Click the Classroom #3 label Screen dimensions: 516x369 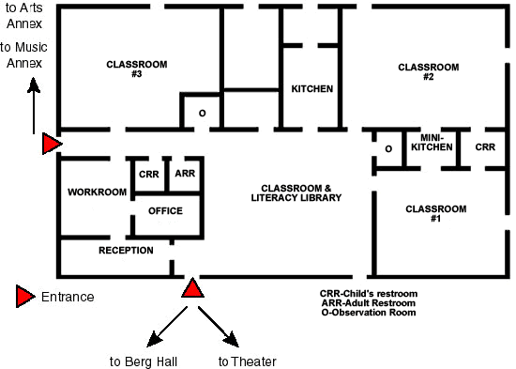pos(137,69)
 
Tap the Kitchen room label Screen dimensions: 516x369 pos(312,88)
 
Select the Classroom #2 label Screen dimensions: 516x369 pos(429,71)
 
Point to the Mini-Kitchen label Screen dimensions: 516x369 pos(432,143)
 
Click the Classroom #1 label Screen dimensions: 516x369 pos(435,213)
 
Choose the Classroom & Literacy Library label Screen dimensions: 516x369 pos(296,192)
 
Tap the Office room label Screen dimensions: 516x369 pos(165,211)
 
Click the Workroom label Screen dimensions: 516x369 pos(97,192)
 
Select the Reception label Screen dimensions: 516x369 pos(126,251)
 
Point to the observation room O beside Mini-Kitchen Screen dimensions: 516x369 pos(388,149)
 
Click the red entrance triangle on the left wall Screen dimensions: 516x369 pos(52,144)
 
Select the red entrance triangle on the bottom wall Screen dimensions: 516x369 pos(192,288)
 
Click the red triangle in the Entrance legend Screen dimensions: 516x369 pos(25,297)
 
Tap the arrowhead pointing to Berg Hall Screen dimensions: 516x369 pos(153,340)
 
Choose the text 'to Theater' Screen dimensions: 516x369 pos(247,361)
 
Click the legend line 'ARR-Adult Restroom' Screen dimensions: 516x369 pos(369,302)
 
